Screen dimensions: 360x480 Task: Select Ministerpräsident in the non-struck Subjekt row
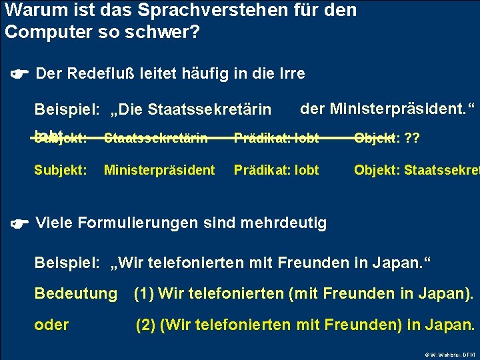pos(159,170)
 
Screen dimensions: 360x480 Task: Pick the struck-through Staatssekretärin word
pos(156,139)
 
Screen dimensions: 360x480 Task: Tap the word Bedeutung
pos(75,293)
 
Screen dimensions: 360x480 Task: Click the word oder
pos(51,325)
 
